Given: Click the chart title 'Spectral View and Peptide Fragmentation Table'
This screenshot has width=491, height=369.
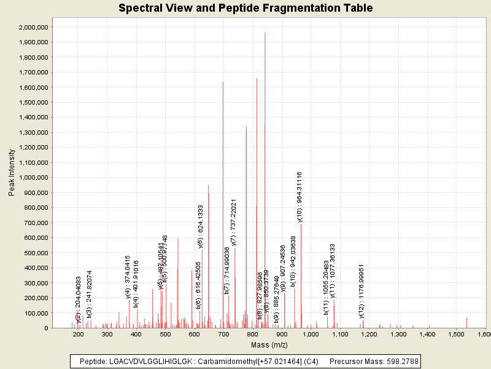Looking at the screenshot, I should [245, 8].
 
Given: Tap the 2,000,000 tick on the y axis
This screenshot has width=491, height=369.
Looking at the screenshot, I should [34, 28].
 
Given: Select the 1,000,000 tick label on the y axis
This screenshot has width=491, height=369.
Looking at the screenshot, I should [34, 178].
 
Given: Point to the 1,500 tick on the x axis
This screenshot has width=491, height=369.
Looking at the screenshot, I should [456, 335].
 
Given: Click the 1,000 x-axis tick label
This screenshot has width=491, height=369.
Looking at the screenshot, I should [311, 335].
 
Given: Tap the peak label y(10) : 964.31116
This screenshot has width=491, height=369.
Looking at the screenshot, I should [300, 197].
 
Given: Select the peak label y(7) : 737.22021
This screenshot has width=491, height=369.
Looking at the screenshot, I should [234, 222].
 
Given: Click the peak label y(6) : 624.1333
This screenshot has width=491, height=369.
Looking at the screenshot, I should [201, 227].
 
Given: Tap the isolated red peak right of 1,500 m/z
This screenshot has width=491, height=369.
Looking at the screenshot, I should [466, 322].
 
